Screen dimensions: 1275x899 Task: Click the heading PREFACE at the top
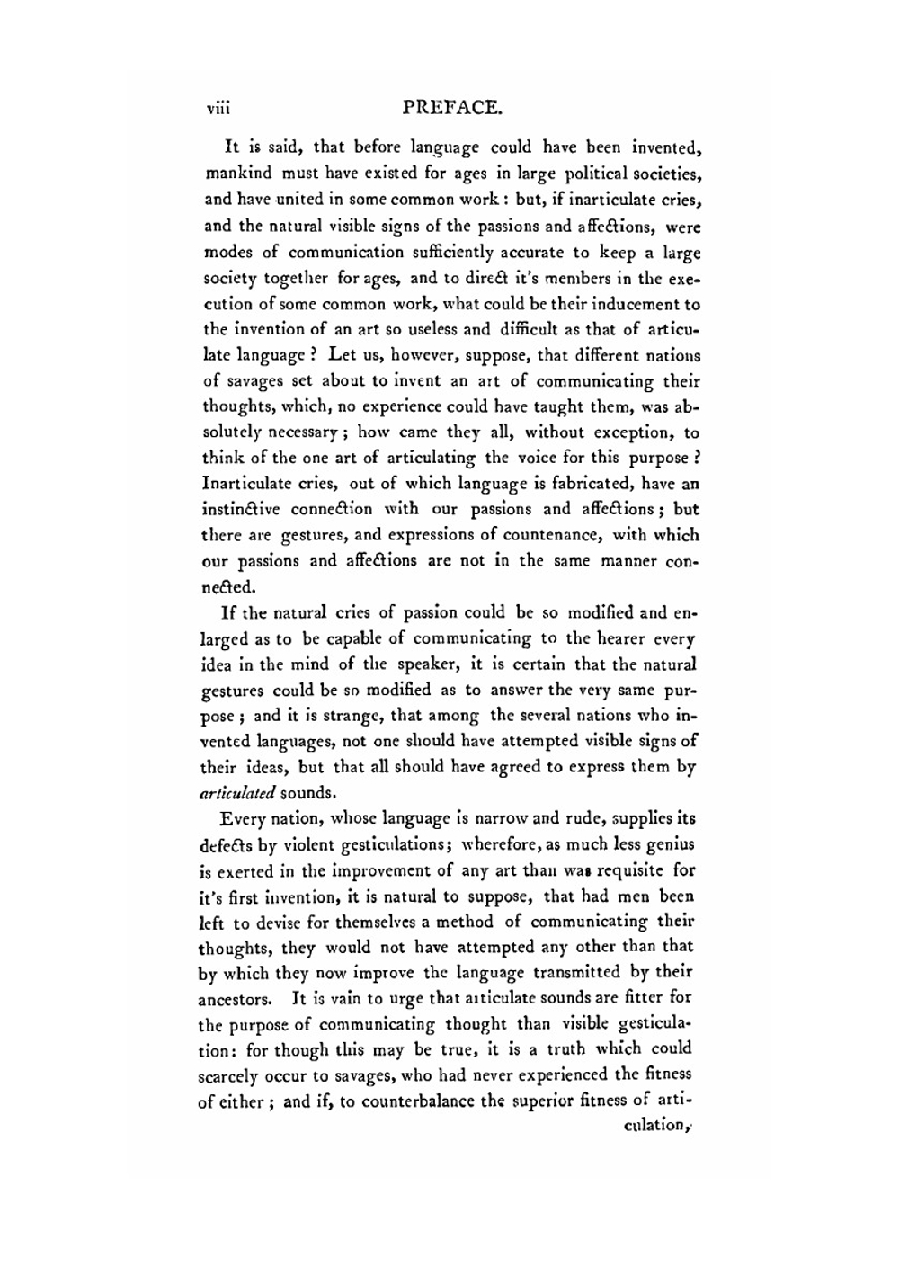tap(451, 109)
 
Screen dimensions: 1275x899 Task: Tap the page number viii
tap(218, 110)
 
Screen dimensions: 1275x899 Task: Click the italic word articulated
tap(237, 794)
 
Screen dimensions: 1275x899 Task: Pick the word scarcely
tap(228, 1075)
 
